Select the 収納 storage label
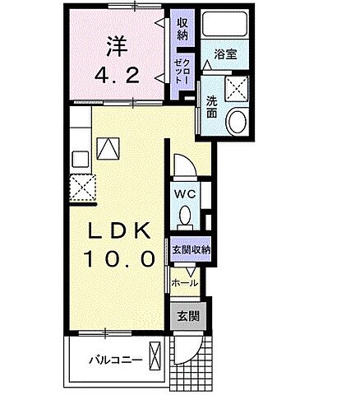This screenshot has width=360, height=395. pyautogui.click(x=181, y=28)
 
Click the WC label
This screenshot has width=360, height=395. pyautogui.click(x=184, y=195)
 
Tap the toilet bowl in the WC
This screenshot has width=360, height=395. pyautogui.click(x=185, y=216)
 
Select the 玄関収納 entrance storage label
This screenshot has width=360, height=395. pyautogui.click(x=192, y=249)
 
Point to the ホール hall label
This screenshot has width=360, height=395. pyautogui.click(x=185, y=283)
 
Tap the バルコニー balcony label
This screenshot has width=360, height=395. pyautogui.click(x=114, y=360)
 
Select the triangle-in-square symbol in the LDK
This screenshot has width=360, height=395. pyautogui.click(x=107, y=147)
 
